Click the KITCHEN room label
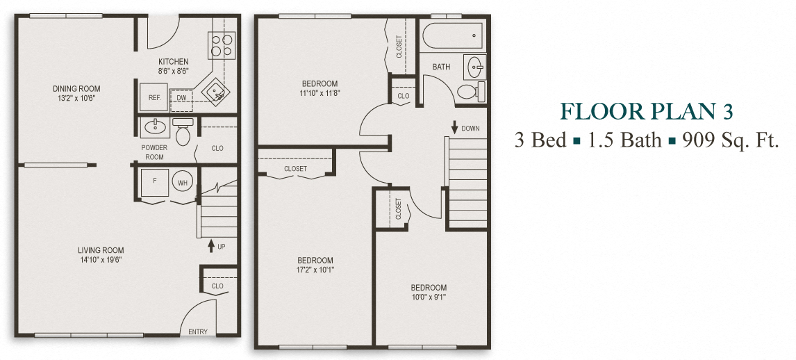173,62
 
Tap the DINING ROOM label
76,88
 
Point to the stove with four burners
222,46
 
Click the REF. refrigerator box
154,98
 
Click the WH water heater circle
183,183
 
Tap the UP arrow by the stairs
211,246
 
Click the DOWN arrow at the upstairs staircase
454,128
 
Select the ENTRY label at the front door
198,332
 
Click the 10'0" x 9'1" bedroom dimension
428,297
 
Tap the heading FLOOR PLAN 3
646,111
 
